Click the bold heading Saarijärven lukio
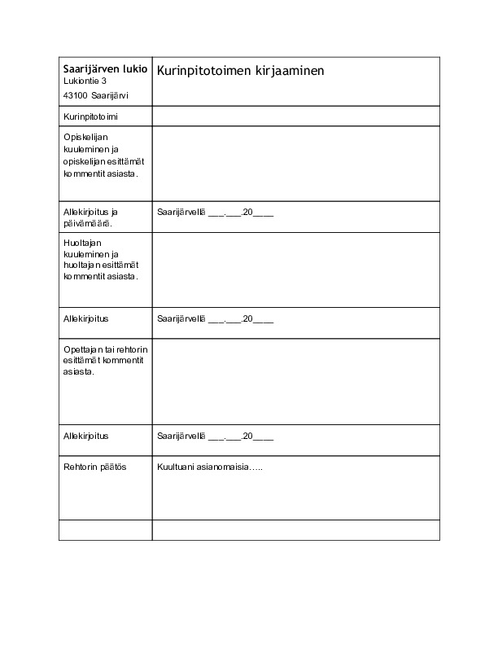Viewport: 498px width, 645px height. pyautogui.click(x=105, y=69)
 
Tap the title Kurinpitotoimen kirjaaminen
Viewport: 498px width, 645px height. pyautogui.click(x=240, y=71)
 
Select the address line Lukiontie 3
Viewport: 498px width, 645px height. pyautogui.click(x=85, y=81)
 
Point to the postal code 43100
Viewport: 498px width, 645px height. pyautogui.click(x=76, y=95)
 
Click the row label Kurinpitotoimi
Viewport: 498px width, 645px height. pyautogui.click(x=90, y=116)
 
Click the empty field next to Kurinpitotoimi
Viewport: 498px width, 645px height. pyautogui.click(x=295, y=116)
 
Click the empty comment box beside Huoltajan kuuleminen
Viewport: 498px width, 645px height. pyautogui.click(x=295, y=269)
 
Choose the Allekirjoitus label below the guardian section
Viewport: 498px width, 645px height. pyautogui.click(x=86, y=319)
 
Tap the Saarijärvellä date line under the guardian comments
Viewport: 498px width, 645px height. pyautogui.click(x=215, y=319)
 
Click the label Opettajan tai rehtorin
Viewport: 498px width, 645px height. pyautogui.click(x=103, y=349)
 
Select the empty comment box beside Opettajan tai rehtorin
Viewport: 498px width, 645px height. pyautogui.click(x=295, y=381)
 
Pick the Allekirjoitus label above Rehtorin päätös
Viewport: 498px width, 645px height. pyautogui.click(x=86, y=437)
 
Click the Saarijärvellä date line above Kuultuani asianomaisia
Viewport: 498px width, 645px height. pyautogui.click(x=215, y=437)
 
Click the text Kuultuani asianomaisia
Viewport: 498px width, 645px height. pyautogui.click(x=209, y=467)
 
